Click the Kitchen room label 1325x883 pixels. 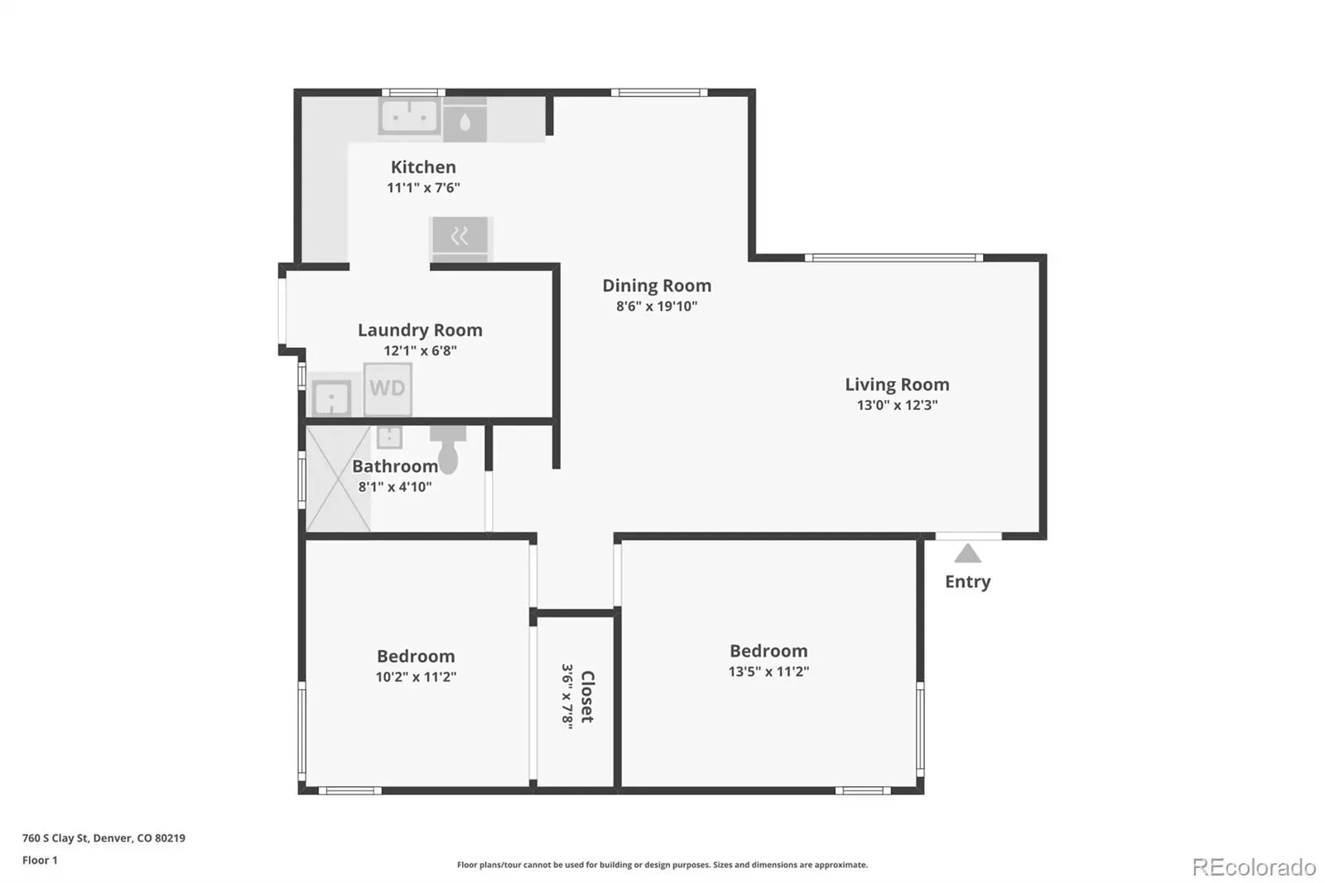click(x=423, y=166)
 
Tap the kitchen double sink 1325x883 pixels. click(x=409, y=116)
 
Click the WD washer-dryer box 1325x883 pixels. click(x=388, y=388)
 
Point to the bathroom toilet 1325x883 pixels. click(x=448, y=449)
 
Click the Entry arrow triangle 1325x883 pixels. click(x=968, y=553)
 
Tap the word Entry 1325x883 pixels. click(x=968, y=581)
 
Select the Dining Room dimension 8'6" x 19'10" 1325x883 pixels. click(x=657, y=306)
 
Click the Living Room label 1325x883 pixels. click(x=897, y=384)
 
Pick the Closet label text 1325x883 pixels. click(x=587, y=697)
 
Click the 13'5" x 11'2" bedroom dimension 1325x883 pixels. click(x=768, y=671)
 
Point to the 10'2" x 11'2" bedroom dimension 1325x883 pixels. click(x=416, y=677)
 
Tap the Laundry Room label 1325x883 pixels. click(x=420, y=331)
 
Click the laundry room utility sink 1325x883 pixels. click(x=331, y=398)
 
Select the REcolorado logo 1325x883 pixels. click(x=1254, y=867)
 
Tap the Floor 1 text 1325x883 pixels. click(x=40, y=860)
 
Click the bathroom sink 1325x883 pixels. click(x=389, y=437)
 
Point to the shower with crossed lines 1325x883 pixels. click(x=338, y=478)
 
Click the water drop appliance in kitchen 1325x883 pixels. click(x=465, y=121)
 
